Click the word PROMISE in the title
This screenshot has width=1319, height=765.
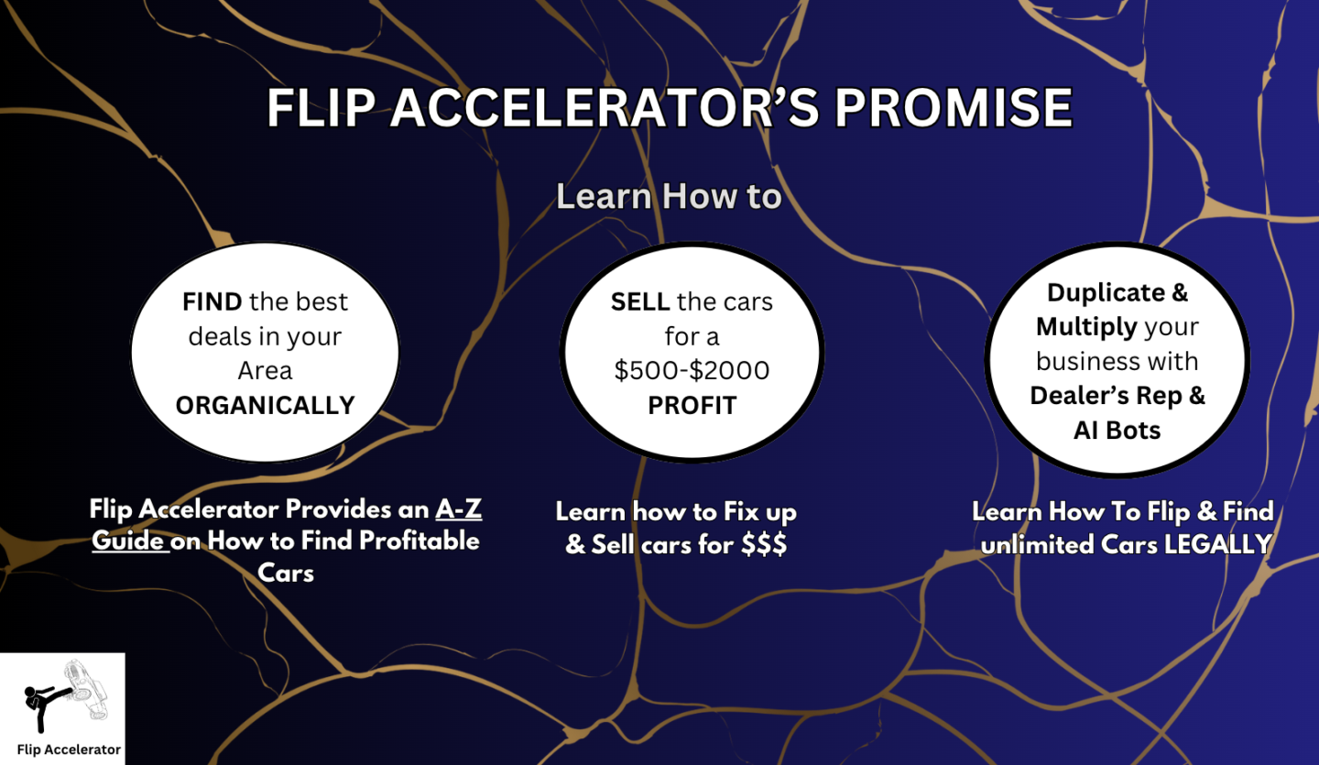click(954, 107)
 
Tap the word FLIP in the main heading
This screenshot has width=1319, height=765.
click(321, 107)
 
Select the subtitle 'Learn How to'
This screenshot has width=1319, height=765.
click(669, 196)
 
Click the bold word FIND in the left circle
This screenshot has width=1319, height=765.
click(212, 301)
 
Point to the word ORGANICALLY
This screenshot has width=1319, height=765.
click(266, 405)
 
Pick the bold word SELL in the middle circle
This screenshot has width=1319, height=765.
click(640, 301)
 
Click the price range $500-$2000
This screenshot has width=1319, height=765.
click(692, 370)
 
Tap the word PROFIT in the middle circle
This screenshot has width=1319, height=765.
click(692, 405)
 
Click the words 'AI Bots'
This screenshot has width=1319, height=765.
click(1117, 431)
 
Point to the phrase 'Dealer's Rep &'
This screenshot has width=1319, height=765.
click(1117, 396)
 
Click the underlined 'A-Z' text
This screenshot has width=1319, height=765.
click(459, 509)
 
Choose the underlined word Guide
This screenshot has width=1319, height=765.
click(128, 541)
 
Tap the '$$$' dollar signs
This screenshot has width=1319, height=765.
click(764, 544)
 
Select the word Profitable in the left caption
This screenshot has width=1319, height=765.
click(420, 541)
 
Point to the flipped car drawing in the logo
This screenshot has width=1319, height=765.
click(87, 690)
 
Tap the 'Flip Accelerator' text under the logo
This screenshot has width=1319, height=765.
click(69, 749)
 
